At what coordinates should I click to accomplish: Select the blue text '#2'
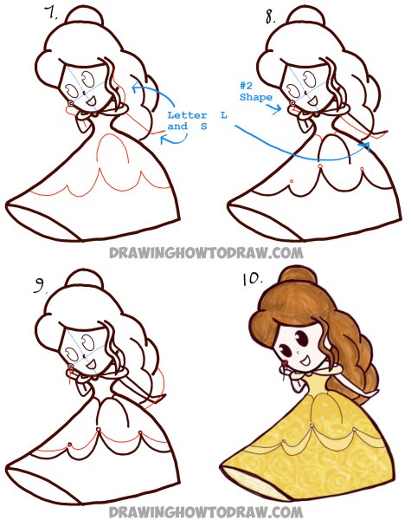coord(245,86)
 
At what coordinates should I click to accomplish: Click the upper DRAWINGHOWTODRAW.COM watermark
coord(205,252)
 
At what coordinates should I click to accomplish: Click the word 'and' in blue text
coord(177,126)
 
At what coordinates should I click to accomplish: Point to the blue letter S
coord(202,126)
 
